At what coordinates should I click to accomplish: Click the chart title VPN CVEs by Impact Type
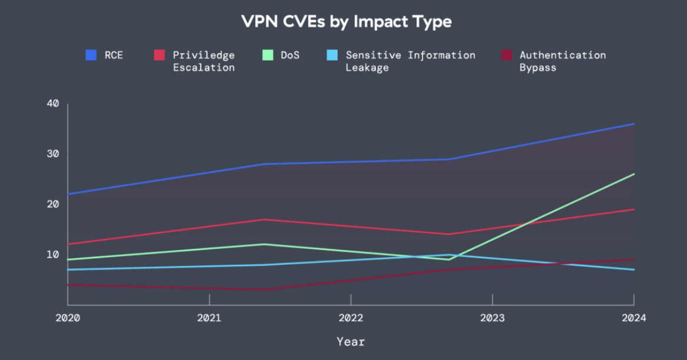(x=346, y=22)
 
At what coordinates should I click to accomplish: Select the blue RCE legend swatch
(x=91, y=55)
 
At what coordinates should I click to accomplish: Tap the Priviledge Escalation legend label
(x=204, y=61)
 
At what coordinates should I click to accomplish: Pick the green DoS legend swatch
(x=268, y=55)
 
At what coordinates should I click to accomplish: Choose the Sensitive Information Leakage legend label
(x=410, y=61)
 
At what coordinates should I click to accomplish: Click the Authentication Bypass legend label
(x=562, y=61)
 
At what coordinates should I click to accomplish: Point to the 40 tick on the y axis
(x=53, y=104)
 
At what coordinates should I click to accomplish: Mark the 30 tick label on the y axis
(x=53, y=154)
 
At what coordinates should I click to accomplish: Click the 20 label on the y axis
(x=53, y=204)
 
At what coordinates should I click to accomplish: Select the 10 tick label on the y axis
(x=53, y=254)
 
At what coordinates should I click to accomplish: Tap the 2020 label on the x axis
(x=68, y=318)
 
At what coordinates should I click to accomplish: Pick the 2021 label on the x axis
(x=209, y=318)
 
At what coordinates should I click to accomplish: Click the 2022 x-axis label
(x=351, y=318)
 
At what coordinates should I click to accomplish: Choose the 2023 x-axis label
(x=492, y=318)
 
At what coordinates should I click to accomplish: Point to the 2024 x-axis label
(x=633, y=318)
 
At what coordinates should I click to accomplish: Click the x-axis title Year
(x=351, y=341)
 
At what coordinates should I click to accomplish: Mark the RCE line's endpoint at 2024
(x=634, y=124)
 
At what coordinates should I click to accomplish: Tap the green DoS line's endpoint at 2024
(x=634, y=174)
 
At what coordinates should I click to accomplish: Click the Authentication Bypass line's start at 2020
(x=68, y=285)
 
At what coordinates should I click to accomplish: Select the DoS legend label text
(x=290, y=55)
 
